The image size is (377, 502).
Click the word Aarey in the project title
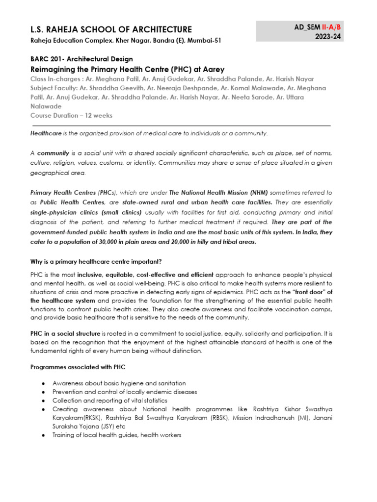click(213, 69)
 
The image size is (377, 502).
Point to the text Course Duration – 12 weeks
click(71, 116)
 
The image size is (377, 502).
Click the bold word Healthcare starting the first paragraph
click(46, 133)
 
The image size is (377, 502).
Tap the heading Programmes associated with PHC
click(79, 366)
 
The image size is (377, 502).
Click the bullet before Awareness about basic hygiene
click(44, 383)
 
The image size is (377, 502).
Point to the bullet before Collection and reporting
click(44, 401)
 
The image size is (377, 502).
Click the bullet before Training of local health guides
click(44, 435)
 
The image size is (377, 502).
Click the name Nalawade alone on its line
click(46, 106)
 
